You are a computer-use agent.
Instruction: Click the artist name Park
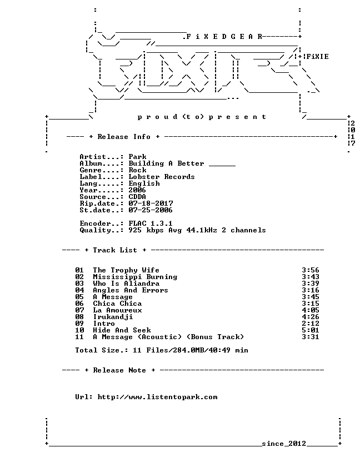pos(137,157)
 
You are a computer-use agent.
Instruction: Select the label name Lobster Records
pos(162,177)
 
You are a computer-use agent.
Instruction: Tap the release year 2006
pos(137,190)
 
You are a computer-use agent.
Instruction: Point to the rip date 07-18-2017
pos(151,203)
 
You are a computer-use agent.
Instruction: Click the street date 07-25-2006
pos(151,210)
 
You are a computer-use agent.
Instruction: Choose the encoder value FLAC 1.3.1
pos(151,223)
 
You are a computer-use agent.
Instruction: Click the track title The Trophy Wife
pos(126,270)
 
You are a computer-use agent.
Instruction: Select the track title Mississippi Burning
pos(135,277)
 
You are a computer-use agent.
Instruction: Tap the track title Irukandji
pos(113,317)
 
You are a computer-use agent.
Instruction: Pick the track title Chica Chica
pos(117,304)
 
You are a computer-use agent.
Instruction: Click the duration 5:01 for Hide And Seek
pos(311,330)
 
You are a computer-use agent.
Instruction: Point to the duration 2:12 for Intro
pos(311,324)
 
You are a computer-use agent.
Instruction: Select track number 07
pos(79,310)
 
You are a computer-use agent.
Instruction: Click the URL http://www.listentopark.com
pos(157,397)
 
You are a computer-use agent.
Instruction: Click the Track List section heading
pos(115,250)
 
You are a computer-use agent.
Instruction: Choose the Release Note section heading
pos(119,370)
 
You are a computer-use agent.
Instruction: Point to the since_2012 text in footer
pos(284,444)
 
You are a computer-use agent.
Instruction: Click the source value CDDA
pos(137,197)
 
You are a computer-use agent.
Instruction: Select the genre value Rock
pos(137,170)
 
